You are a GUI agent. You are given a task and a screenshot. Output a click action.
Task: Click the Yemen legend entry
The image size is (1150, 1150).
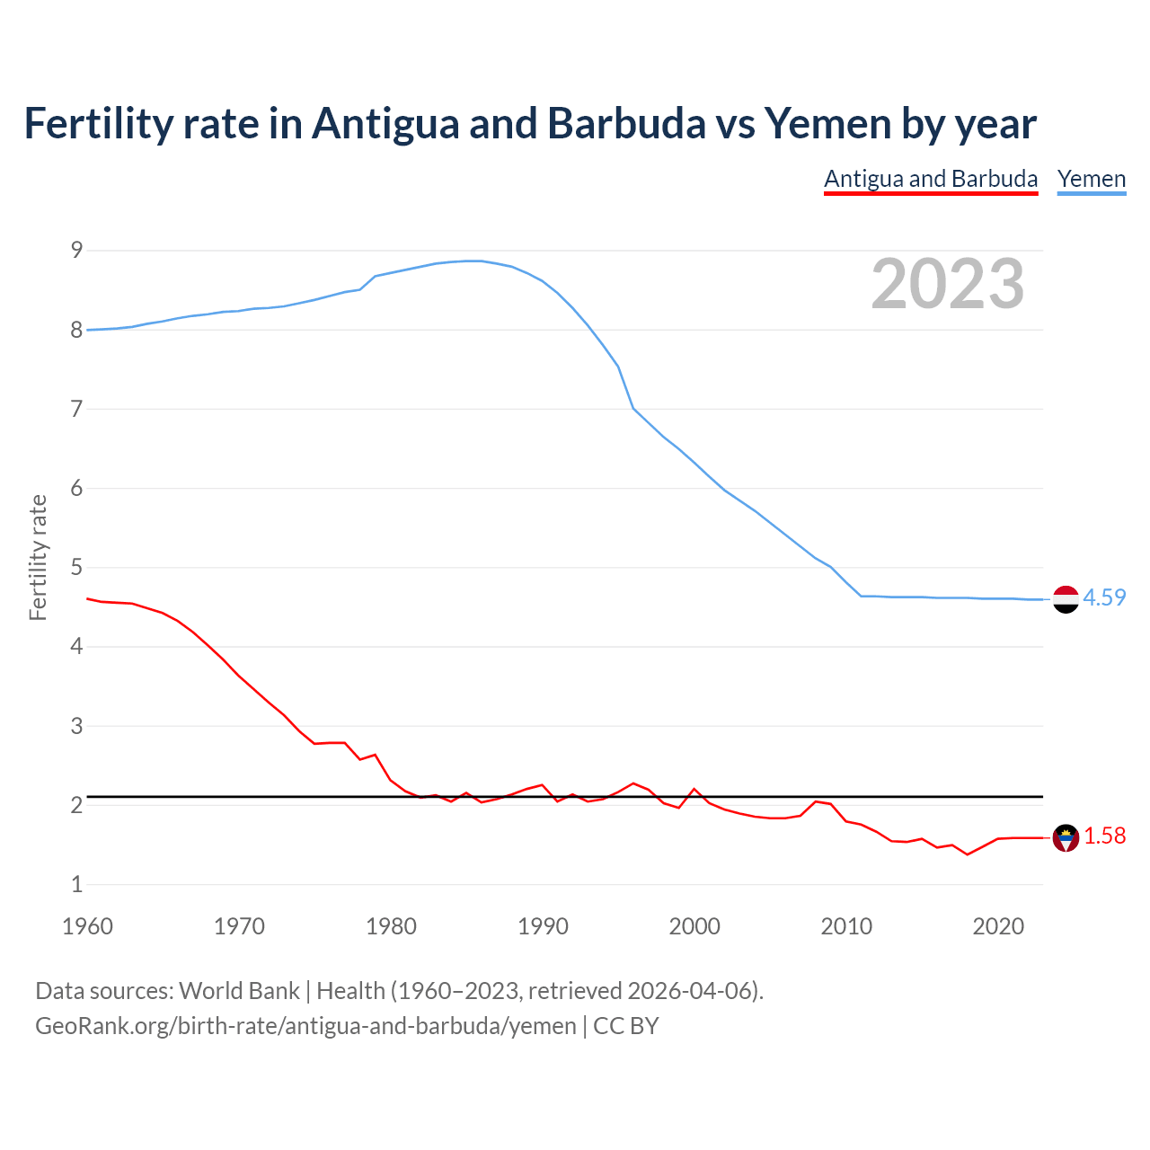(1091, 179)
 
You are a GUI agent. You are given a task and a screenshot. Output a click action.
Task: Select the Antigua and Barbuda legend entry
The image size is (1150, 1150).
(931, 179)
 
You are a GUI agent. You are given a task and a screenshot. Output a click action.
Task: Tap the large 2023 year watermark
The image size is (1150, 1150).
(947, 284)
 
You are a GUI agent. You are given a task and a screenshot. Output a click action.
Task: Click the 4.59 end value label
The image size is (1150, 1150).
(1104, 597)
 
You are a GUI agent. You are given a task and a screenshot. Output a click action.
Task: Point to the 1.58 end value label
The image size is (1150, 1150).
(1104, 836)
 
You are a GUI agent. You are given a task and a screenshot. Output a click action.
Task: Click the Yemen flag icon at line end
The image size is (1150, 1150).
(1066, 598)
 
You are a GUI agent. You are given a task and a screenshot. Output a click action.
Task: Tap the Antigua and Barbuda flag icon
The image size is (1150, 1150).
(1066, 837)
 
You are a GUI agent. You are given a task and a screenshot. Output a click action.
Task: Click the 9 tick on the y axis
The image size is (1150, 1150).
(76, 251)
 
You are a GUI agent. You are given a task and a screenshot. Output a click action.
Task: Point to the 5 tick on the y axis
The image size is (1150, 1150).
(76, 568)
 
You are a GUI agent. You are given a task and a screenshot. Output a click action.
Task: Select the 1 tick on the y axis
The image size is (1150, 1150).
(76, 884)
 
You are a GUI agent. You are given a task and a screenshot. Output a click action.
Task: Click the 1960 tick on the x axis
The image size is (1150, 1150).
(87, 926)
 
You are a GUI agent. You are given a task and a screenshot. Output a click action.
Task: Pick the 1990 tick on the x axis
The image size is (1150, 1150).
(543, 926)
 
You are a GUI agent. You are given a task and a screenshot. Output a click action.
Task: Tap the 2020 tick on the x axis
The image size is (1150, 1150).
(998, 926)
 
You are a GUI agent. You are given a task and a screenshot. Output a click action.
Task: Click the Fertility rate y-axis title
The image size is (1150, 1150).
(38, 557)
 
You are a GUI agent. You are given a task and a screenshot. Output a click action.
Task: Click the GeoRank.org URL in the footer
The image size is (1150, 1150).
(305, 1025)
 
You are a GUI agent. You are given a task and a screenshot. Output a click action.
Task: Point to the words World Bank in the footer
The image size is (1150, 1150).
(239, 990)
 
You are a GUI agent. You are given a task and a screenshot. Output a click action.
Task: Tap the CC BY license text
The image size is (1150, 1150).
(626, 1025)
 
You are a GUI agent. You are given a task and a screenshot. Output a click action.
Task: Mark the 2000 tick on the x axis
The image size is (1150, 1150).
(694, 926)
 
